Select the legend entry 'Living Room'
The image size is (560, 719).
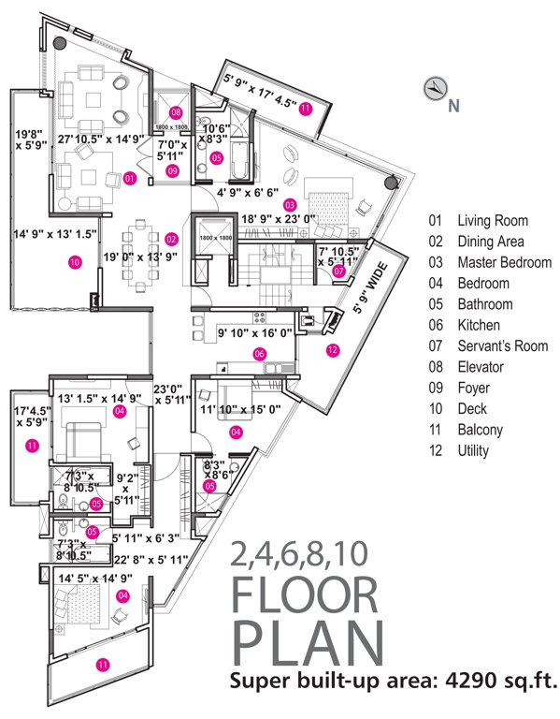(x=491, y=222)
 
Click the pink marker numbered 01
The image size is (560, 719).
(x=130, y=177)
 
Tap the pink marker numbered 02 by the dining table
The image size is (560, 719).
(x=171, y=239)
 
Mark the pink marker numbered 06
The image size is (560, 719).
(x=260, y=354)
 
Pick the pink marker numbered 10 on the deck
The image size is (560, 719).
(x=75, y=263)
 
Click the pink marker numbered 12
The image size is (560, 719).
(x=332, y=350)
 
